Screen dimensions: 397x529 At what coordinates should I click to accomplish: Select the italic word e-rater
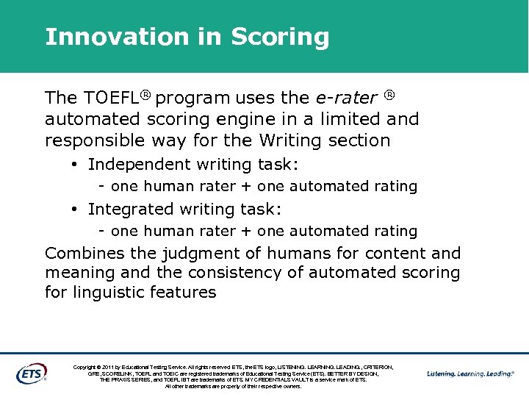(345, 98)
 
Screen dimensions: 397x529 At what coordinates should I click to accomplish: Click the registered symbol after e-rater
(390, 95)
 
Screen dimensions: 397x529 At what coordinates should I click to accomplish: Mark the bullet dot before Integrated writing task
(76, 210)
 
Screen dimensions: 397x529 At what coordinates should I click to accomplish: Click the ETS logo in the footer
(31, 373)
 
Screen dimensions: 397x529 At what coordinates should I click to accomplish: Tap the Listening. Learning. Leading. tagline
(470, 373)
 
